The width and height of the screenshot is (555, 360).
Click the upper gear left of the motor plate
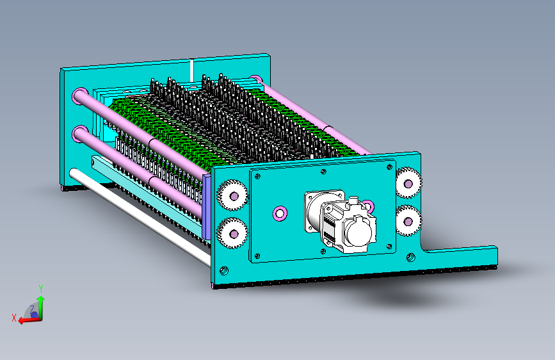[233, 195]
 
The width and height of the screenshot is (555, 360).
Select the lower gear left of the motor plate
[233, 234]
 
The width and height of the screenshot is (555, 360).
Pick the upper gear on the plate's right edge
[408, 183]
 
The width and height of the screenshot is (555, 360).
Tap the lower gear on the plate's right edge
[409, 221]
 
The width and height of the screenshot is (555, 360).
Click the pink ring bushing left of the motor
[280, 213]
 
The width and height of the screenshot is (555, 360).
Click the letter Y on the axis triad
[41, 289]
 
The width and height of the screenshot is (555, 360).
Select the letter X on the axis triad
[14, 318]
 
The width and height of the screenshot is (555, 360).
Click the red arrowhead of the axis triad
[22, 320]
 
